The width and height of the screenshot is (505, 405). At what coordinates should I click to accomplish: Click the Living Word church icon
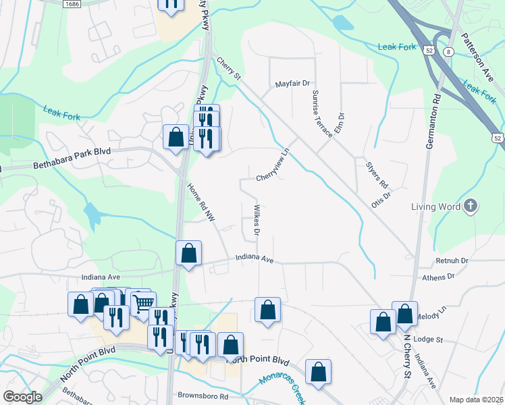[471, 206]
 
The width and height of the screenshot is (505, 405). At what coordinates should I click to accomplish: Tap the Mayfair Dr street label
[292, 84]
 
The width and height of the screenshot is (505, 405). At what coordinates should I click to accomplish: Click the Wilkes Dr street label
[257, 219]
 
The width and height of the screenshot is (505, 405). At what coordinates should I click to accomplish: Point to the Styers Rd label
[377, 175]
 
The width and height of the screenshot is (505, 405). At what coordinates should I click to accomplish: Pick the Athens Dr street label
[439, 277]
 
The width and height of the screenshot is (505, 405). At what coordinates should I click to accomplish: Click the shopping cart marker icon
[142, 304]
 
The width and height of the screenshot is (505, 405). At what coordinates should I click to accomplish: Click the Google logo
[22, 396]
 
